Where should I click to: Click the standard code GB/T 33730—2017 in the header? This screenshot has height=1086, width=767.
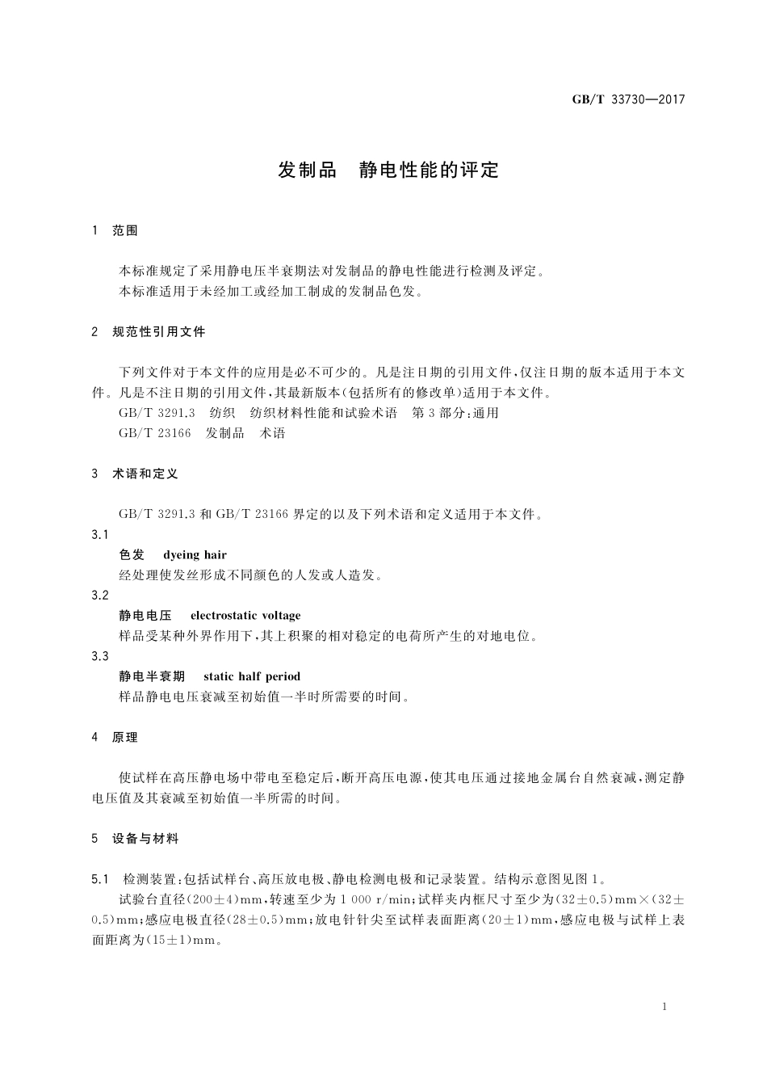pyautogui.click(x=628, y=100)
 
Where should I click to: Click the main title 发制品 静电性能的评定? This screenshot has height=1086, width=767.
pyautogui.click(x=388, y=170)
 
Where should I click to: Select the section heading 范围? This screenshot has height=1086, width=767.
pyautogui.click(x=125, y=231)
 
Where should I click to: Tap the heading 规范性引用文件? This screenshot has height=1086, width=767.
pyautogui.click(x=159, y=332)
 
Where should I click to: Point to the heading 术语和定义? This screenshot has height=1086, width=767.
pyautogui.click(x=145, y=474)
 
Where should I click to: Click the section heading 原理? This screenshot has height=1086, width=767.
pyautogui.click(x=125, y=738)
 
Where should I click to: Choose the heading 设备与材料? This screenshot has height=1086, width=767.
pyautogui.click(x=145, y=840)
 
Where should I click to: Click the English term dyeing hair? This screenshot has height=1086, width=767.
pyautogui.click(x=195, y=555)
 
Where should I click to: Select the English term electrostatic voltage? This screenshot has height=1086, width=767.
pyautogui.click(x=245, y=616)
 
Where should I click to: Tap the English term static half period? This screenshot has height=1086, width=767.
pyautogui.click(x=252, y=676)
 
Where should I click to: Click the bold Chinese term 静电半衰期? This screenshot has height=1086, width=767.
pyautogui.click(x=152, y=676)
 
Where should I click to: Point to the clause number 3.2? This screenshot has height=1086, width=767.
pyautogui.click(x=100, y=596)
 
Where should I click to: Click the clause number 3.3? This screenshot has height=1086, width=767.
pyautogui.click(x=100, y=656)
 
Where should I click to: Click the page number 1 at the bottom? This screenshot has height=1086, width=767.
pyautogui.click(x=664, y=1007)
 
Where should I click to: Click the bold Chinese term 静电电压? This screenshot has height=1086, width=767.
pyautogui.click(x=145, y=616)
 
